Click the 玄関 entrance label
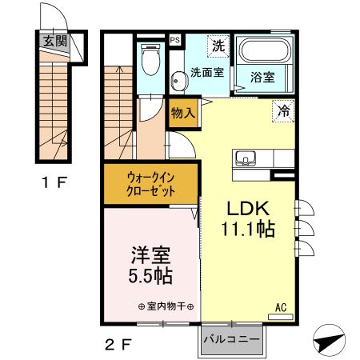click(x=55, y=41)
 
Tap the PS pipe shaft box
click(x=175, y=38)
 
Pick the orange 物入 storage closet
click(x=182, y=113)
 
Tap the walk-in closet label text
click(x=150, y=186)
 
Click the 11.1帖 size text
click(x=248, y=230)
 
